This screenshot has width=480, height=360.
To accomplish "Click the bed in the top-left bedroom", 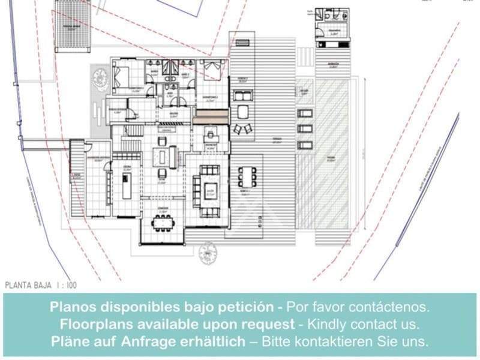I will (x=120, y=77).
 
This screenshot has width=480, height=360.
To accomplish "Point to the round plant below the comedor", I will (x=208, y=252).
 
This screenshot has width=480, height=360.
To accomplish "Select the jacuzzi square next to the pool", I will (x=304, y=92).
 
